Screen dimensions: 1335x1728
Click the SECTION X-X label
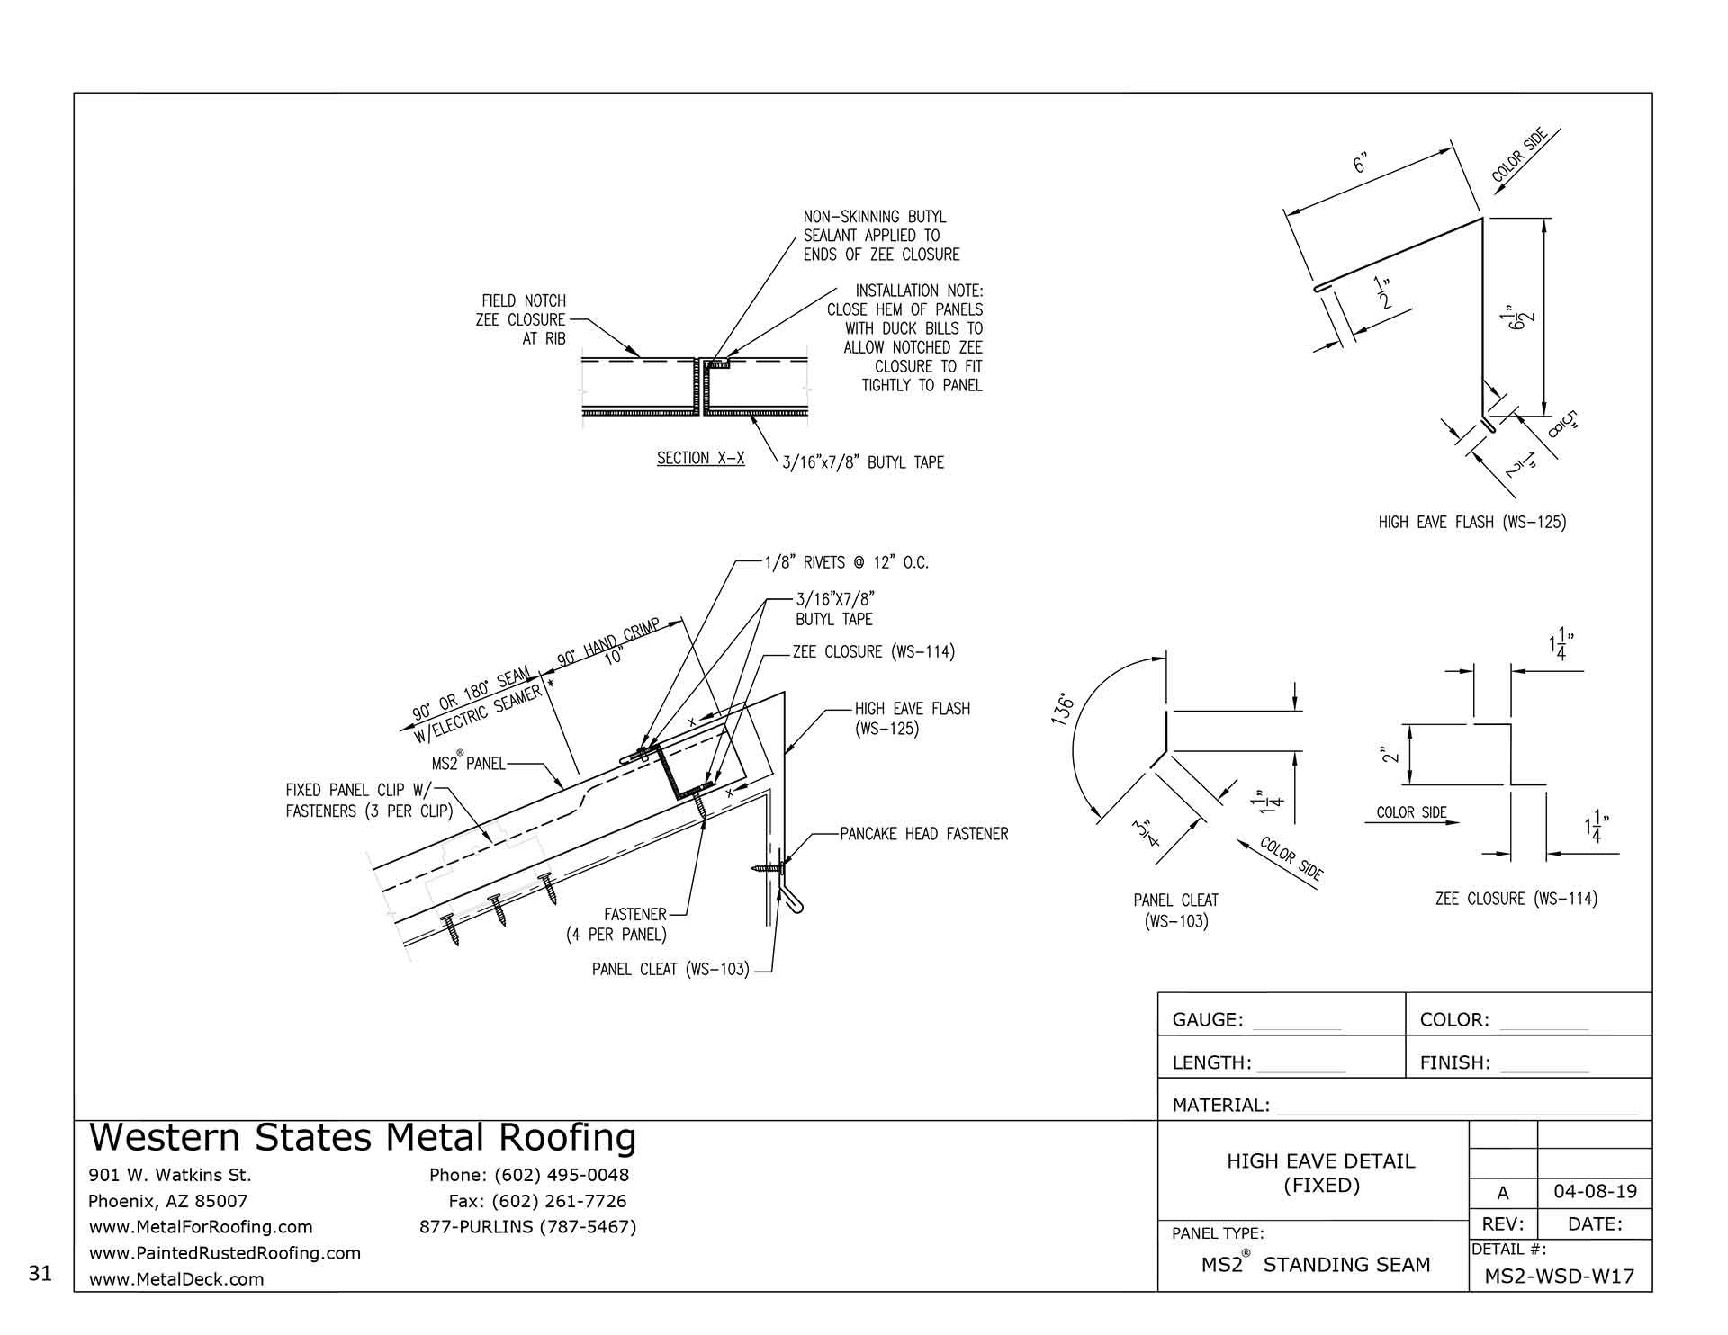(x=700, y=459)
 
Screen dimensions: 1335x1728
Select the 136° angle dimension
(x=1067, y=711)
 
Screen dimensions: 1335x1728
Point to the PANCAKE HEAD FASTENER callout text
(x=923, y=834)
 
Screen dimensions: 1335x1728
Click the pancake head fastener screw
(x=767, y=869)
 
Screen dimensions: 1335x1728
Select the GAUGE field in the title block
(x=1207, y=1019)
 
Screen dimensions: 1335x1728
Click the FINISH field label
(x=1454, y=1062)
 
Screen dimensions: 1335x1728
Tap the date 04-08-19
(x=1595, y=1193)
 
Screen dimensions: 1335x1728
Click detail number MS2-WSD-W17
(x=1559, y=1276)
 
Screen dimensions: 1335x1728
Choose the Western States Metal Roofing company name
(x=363, y=1138)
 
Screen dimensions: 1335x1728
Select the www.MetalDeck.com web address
(x=176, y=1279)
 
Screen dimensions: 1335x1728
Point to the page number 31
(x=40, y=1273)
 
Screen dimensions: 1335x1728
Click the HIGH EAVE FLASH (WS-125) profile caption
(x=1471, y=522)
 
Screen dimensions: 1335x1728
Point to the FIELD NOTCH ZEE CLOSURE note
(x=522, y=319)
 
